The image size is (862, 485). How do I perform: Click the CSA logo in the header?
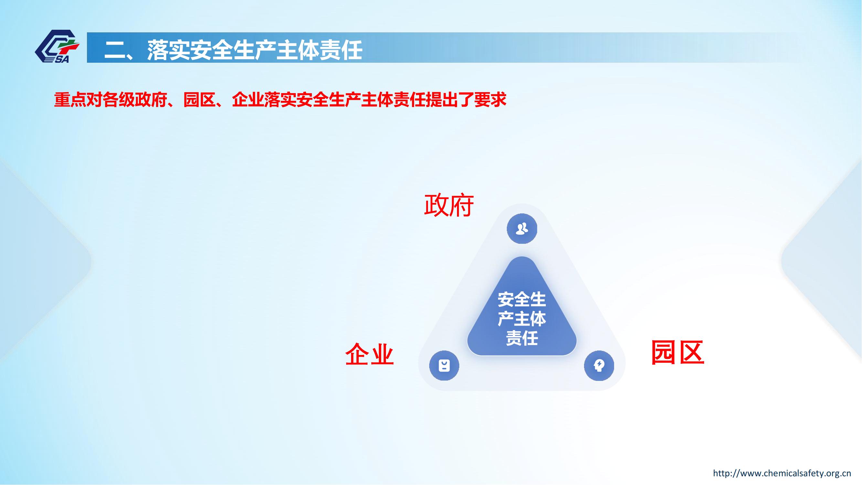tap(57, 46)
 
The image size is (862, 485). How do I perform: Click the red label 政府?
tap(449, 205)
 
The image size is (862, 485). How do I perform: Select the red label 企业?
tap(369, 354)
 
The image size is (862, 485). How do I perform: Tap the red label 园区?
tap(678, 352)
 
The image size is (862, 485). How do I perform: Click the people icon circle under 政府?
tap(522, 229)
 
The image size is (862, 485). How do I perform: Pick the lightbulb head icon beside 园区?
tap(599, 365)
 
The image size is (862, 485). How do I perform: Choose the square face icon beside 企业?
tap(444, 365)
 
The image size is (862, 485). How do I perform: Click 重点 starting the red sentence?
tap(70, 100)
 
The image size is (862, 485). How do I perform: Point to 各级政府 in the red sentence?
tap(135, 100)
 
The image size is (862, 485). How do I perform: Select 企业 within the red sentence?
tap(248, 100)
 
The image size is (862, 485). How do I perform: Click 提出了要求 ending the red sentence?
tap(466, 100)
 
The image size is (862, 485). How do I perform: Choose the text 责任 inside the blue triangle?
tap(522, 338)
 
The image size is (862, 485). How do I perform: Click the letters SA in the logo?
tap(61, 59)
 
